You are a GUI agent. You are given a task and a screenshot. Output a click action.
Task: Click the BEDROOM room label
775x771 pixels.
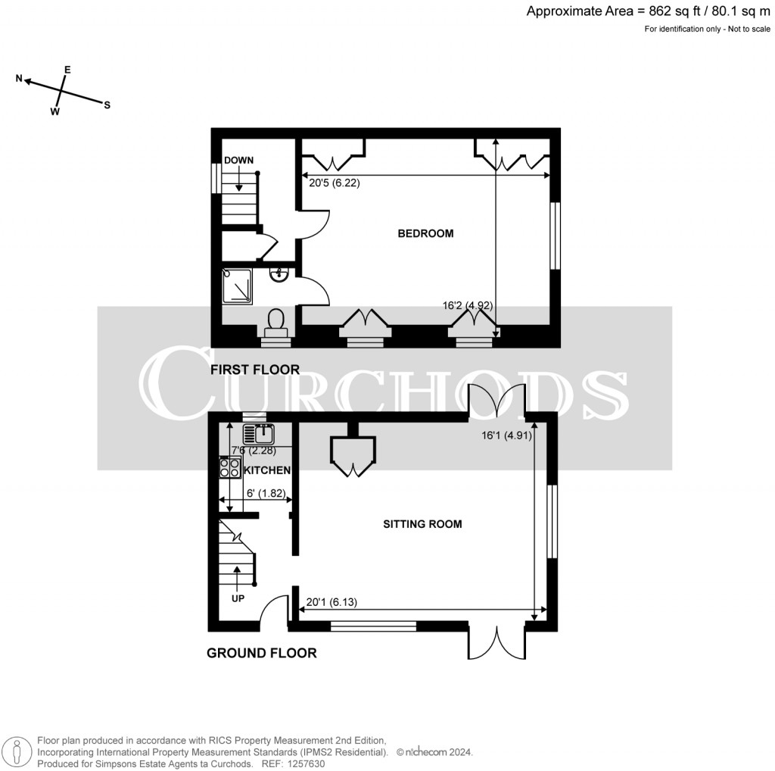pyautogui.click(x=425, y=233)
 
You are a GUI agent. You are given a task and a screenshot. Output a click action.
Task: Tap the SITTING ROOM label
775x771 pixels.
pyautogui.click(x=423, y=523)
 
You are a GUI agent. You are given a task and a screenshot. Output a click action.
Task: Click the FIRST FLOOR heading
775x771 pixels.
pyautogui.click(x=256, y=370)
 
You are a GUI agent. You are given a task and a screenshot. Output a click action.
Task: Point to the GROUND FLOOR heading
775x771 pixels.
pyautogui.click(x=262, y=653)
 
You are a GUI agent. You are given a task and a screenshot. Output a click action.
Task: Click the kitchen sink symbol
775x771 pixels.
pyautogui.click(x=259, y=434)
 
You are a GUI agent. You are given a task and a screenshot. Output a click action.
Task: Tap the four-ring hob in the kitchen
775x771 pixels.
pyautogui.click(x=230, y=468)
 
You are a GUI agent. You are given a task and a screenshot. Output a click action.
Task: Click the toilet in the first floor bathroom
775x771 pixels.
pyautogui.click(x=275, y=321)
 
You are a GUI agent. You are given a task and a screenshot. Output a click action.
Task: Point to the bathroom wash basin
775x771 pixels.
pyautogui.click(x=280, y=273)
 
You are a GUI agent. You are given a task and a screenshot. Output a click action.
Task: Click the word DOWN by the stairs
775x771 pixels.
pyautogui.click(x=238, y=160)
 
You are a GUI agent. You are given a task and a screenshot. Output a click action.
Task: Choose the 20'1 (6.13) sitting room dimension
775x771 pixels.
pyautogui.click(x=331, y=603)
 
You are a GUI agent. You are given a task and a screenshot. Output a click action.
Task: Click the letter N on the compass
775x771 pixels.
pyautogui.click(x=20, y=79)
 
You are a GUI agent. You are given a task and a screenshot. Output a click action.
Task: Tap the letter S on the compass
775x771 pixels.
pyautogui.click(x=107, y=105)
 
